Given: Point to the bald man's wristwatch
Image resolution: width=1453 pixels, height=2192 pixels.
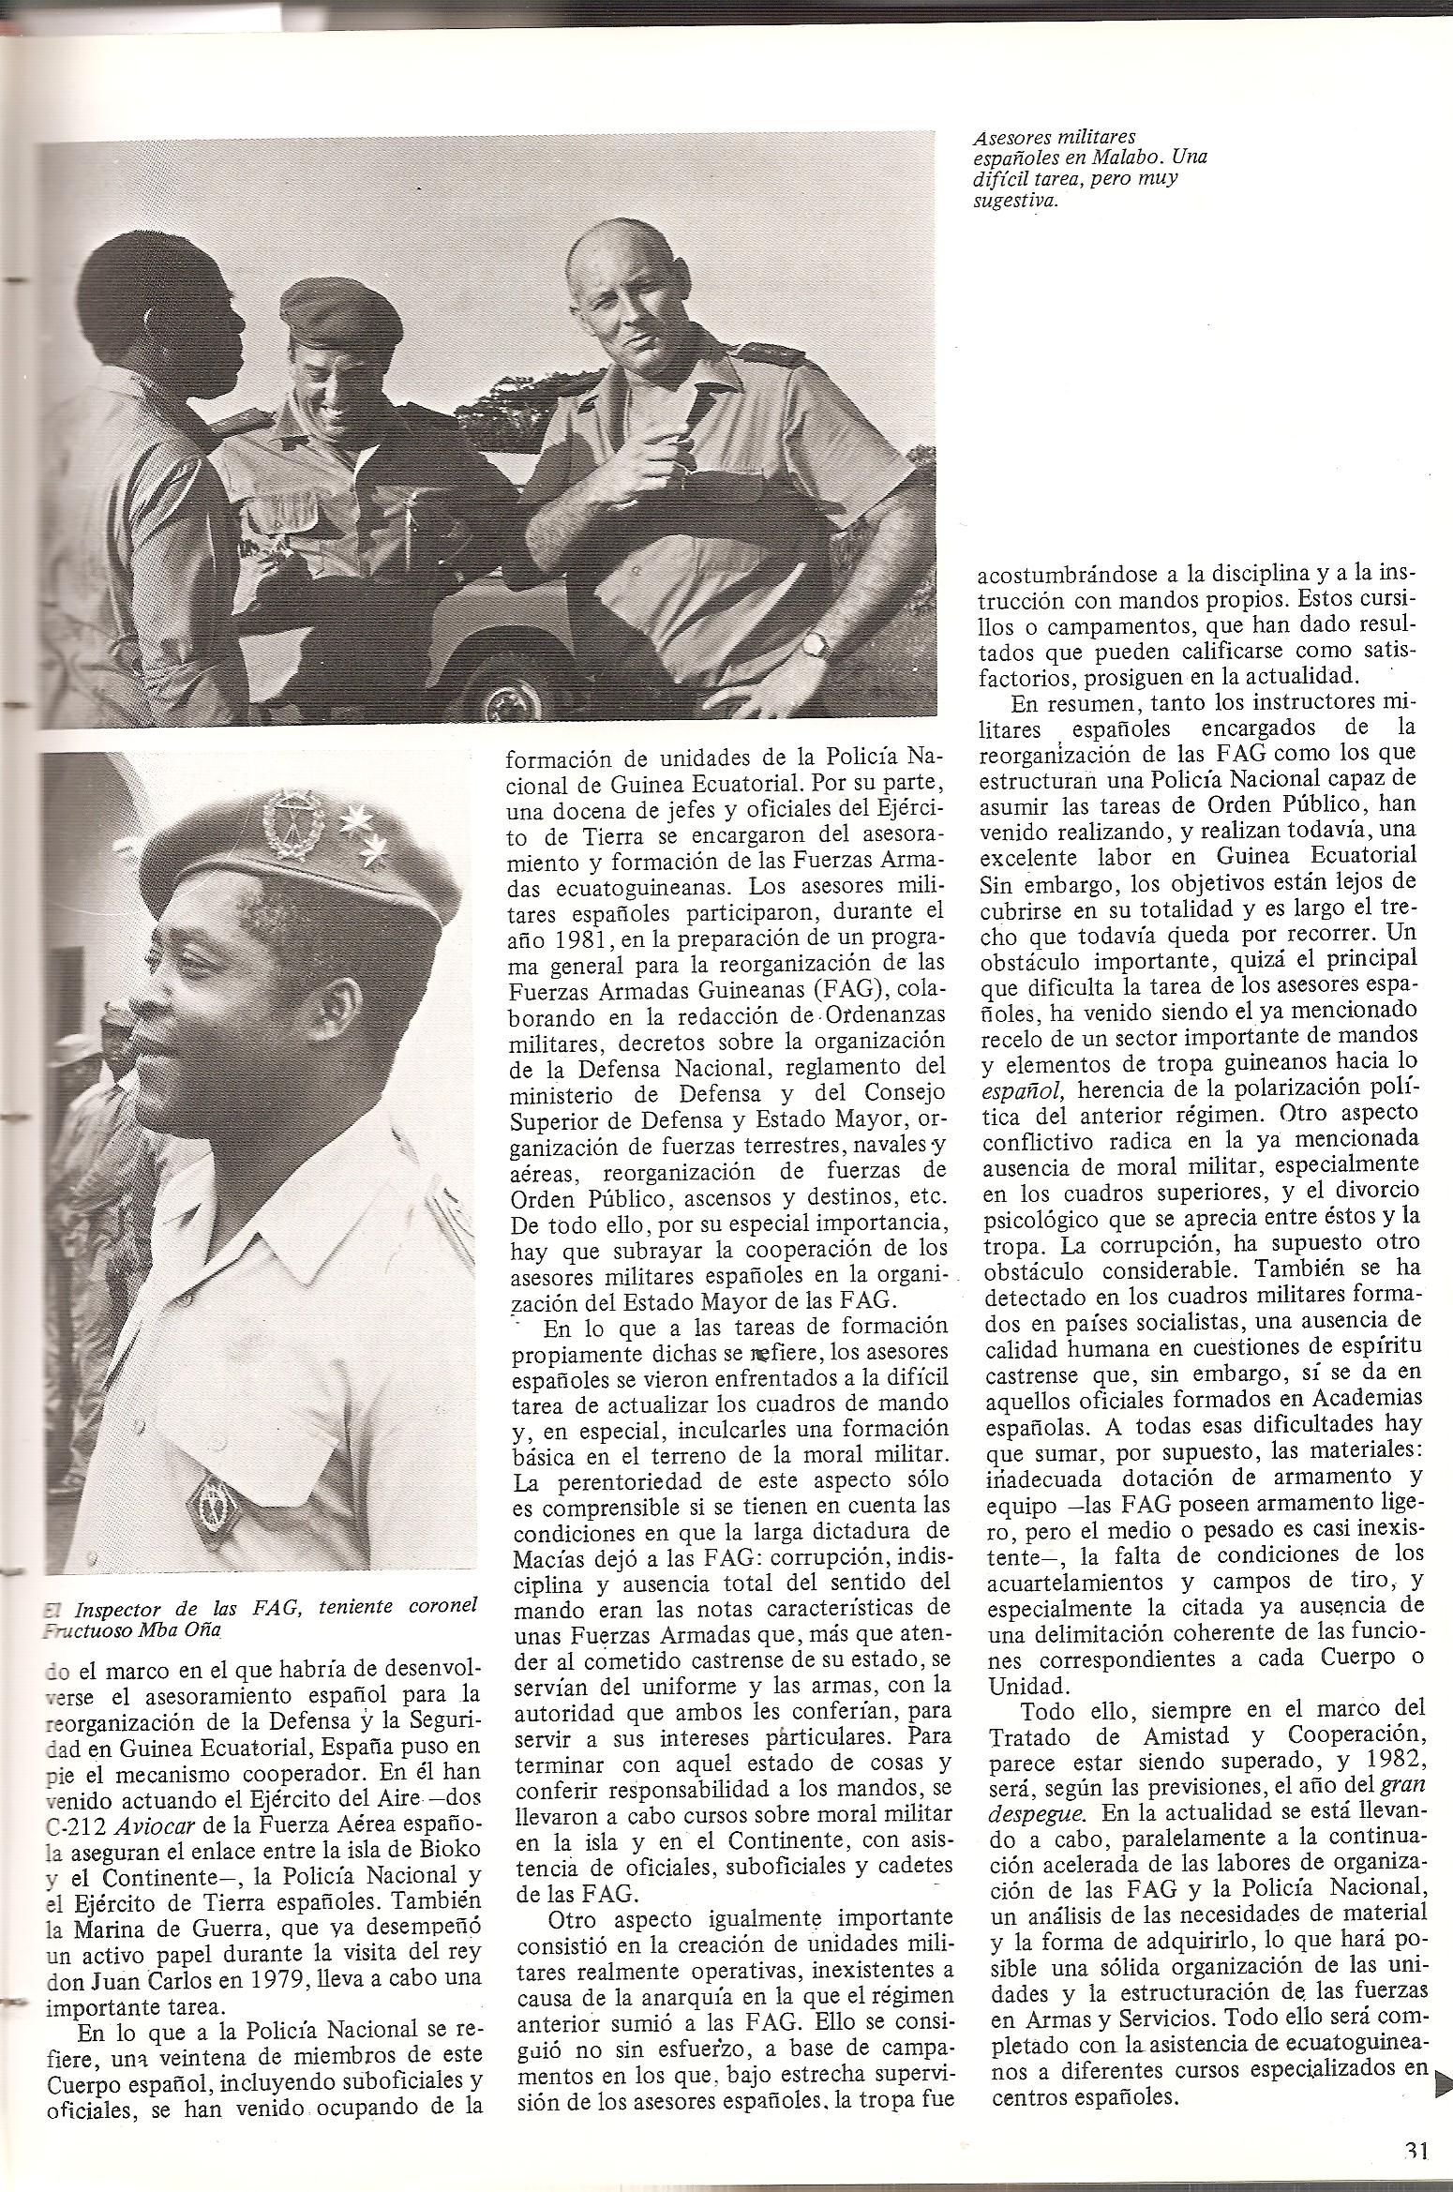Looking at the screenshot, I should [x=817, y=641].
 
